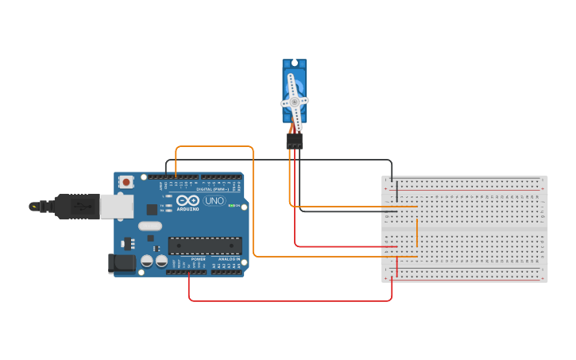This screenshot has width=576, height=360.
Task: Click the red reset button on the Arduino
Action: pyautogui.click(x=126, y=182)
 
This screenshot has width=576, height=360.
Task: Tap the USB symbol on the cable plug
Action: pyautogui.click(x=80, y=205)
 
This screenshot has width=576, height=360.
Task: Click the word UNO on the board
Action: pyautogui.click(x=215, y=201)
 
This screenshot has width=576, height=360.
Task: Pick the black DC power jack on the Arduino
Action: pyautogui.click(x=120, y=262)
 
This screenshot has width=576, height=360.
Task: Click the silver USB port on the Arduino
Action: pyautogui.click(x=116, y=206)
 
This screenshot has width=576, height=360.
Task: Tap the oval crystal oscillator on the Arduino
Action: pyautogui.click(x=149, y=226)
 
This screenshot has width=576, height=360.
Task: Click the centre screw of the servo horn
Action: pyautogui.click(x=294, y=102)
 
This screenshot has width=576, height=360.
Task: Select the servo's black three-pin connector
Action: pyautogui.click(x=295, y=141)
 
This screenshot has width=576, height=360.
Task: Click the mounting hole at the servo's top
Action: pyautogui.click(x=294, y=63)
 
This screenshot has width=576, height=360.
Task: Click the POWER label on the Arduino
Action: pyautogui.click(x=198, y=259)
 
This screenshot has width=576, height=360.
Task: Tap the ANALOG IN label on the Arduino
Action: pyautogui.click(x=229, y=259)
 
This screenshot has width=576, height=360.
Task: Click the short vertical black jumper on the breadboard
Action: pyautogui.click(x=396, y=190)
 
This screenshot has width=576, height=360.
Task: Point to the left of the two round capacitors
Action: pyautogui.click(x=147, y=261)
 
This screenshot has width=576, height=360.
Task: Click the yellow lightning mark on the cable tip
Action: pyautogui.click(x=33, y=207)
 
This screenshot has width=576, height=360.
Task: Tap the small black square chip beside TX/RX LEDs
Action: pyautogui.click(x=152, y=209)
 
